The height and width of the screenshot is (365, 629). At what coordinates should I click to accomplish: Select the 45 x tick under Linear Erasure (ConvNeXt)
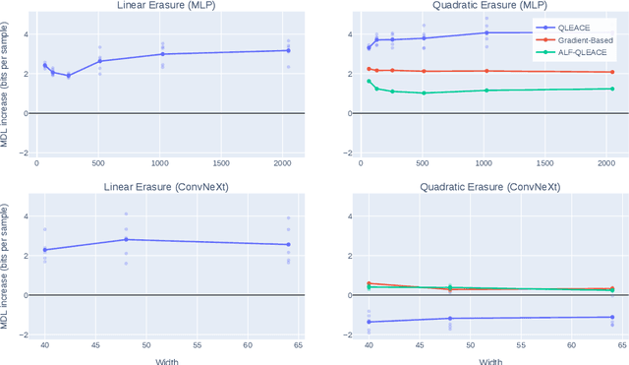96,345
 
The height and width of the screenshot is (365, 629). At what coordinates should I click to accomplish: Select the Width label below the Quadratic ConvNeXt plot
483,359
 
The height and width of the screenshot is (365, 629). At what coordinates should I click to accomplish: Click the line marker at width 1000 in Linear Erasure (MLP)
163,54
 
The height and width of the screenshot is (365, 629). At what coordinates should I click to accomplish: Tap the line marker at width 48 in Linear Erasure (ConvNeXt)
126,239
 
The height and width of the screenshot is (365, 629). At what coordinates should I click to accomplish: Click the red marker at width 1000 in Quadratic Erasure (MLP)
486,71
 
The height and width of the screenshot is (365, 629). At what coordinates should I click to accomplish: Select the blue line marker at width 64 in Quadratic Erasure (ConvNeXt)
611,317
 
